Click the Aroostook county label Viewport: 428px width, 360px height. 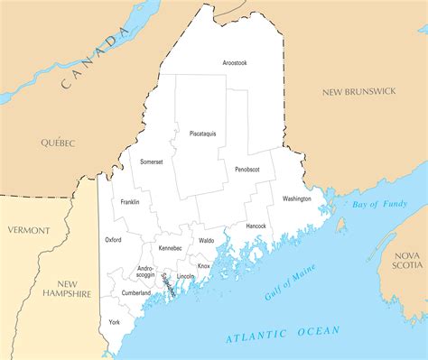[x=235, y=62]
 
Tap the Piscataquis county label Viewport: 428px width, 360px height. [x=202, y=134]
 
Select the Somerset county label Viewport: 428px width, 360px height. [x=152, y=162]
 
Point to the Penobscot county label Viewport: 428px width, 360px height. [x=247, y=169]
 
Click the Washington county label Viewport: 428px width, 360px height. [x=296, y=198]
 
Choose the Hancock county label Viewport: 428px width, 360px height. [x=256, y=226]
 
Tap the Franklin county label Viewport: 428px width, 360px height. [x=129, y=202]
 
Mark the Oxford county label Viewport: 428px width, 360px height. [x=113, y=240]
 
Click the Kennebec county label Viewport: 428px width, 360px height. [x=170, y=247]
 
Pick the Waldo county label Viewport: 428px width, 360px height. [x=207, y=241]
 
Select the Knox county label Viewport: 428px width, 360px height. [x=204, y=266]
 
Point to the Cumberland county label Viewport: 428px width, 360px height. [x=135, y=293]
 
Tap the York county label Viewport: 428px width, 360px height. [x=115, y=322]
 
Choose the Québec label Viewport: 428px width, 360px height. [x=57, y=143]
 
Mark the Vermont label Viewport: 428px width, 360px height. [x=29, y=230]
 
